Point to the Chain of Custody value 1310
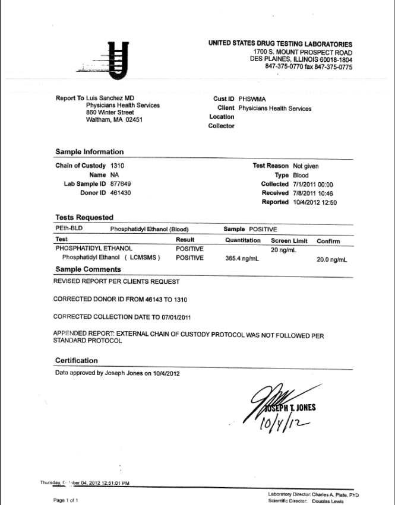point(117,166)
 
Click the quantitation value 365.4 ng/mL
point(241,259)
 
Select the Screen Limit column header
point(289,240)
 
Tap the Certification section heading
point(77,360)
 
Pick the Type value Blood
point(301,176)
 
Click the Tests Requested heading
point(84,218)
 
